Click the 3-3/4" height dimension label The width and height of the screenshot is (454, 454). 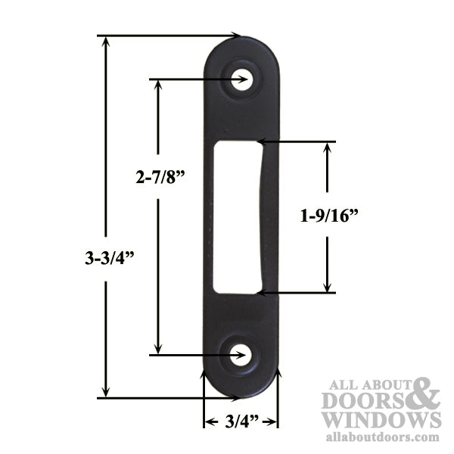pos(110,258)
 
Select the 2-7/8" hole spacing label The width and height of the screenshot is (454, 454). pos(160,179)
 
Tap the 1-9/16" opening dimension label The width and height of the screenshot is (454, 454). pos(328,216)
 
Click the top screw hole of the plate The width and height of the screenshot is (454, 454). pos(241,80)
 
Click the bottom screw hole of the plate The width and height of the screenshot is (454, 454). pos(240,355)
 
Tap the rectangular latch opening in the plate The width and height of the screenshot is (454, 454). pos(237,217)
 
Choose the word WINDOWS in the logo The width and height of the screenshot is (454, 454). pos(380,420)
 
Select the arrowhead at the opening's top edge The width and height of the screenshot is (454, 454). pos(262,141)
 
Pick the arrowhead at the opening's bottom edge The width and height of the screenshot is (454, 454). pos(262,291)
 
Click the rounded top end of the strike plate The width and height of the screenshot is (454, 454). pos(241,47)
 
